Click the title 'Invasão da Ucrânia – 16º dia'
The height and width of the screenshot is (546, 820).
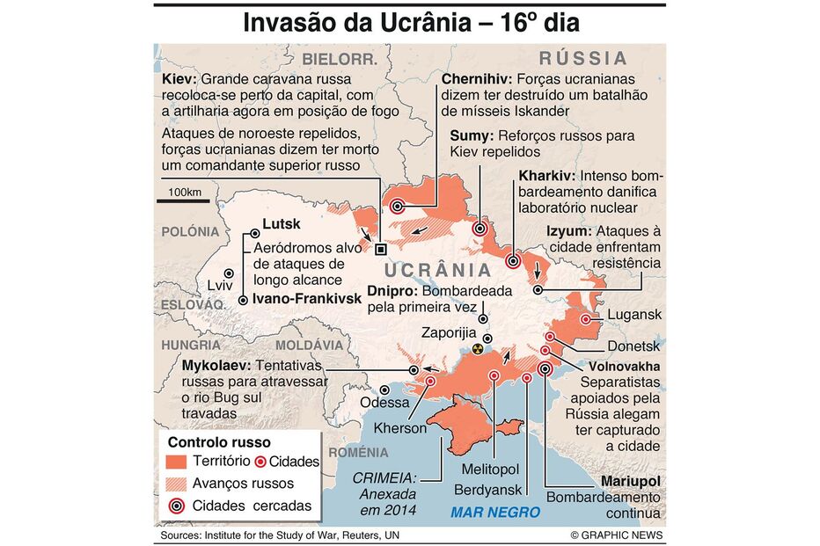point(411,23)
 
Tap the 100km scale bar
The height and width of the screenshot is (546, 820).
point(184,201)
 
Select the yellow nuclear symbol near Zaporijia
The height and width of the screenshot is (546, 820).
point(478,349)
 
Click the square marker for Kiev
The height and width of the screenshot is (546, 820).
point(380,248)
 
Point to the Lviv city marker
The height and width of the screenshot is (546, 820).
point(229,273)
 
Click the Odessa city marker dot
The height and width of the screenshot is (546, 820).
point(384,390)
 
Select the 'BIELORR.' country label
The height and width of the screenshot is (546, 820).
point(340,60)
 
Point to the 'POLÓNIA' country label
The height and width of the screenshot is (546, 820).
point(189,231)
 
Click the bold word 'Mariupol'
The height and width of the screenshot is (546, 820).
point(630,482)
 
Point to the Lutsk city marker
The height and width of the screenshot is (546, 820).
point(255,234)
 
